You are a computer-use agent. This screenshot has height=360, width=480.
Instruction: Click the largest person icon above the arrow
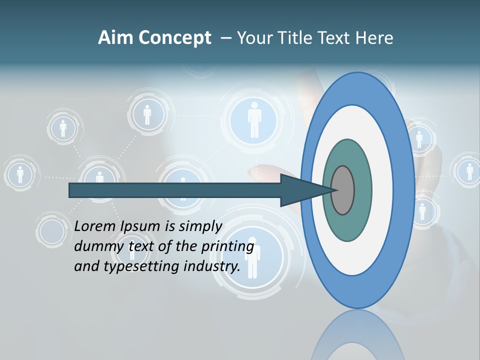(x=254, y=120)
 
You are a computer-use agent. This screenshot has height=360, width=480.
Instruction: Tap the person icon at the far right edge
(x=469, y=171)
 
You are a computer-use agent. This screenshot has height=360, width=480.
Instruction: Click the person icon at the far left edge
(x=20, y=174)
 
